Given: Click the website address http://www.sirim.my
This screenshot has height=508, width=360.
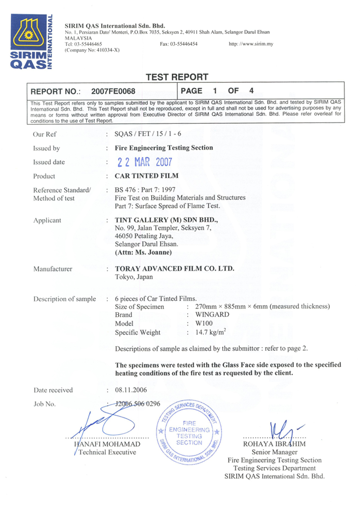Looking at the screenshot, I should point(251,44).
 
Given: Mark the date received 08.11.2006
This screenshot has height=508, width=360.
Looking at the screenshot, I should point(130,390).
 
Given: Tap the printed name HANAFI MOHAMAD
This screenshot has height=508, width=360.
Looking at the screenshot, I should point(107,444).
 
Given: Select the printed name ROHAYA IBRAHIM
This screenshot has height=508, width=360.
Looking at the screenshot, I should point(274,444).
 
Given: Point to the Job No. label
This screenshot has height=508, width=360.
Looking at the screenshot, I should point(45,404).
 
